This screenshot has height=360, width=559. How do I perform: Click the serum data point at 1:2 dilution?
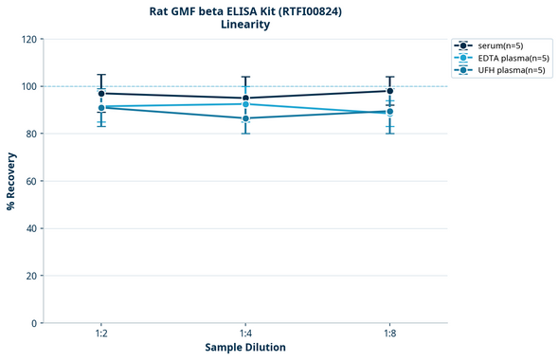[x=101, y=94]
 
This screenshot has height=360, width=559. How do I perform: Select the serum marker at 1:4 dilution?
[x=246, y=99]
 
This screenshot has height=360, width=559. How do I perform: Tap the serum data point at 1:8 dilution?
[x=390, y=91]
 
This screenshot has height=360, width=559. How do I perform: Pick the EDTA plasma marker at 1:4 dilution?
[x=246, y=104]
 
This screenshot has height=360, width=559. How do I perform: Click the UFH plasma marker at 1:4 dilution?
[x=246, y=118]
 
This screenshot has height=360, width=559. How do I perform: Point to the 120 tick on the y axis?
[x=31, y=40]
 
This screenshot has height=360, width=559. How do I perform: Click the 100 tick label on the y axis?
[x=31, y=87]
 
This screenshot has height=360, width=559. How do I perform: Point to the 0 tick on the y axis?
[x=36, y=324]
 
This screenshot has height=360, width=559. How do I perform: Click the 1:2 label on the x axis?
[x=101, y=334]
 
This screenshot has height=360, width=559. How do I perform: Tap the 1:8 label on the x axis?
[x=390, y=334]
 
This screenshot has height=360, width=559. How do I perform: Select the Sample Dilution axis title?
[x=245, y=348]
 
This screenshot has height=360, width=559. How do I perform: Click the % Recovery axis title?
[x=11, y=180]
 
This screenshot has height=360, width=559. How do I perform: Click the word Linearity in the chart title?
[x=245, y=25]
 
